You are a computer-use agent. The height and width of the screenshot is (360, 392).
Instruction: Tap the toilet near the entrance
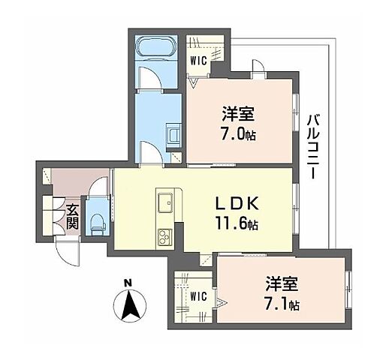click(x=96, y=220)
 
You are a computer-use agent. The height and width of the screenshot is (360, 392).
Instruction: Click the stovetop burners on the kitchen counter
click(x=164, y=238)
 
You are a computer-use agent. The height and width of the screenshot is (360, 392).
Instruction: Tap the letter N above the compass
click(x=128, y=283)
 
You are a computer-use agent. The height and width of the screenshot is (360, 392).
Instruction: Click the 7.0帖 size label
click(x=237, y=135)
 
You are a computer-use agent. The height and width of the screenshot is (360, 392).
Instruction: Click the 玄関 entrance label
click(x=72, y=217)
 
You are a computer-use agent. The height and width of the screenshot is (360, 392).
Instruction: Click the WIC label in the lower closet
click(x=198, y=295)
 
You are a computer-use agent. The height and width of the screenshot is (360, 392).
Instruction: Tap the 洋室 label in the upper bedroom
click(x=237, y=115)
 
